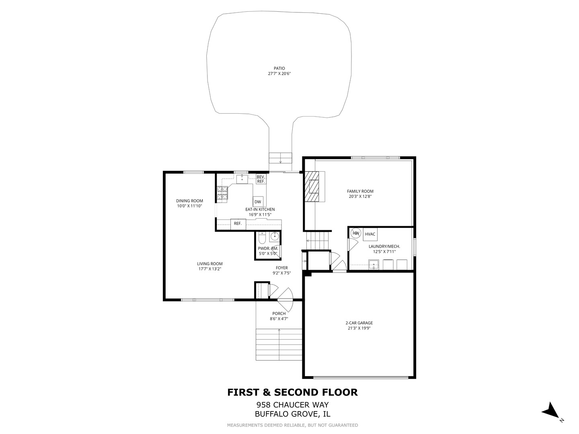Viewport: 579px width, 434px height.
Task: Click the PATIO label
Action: (x=279, y=68)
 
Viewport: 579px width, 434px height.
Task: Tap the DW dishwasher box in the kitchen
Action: (x=258, y=202)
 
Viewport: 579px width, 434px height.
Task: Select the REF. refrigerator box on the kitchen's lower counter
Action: (x=238, y=224)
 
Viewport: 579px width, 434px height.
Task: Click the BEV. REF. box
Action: (x=261, y=179)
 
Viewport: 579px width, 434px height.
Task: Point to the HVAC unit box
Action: (x=370, y=234)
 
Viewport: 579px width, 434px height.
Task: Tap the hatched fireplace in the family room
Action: (x=312, y=186)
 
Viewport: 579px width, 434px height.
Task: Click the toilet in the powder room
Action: (x=262, y=238)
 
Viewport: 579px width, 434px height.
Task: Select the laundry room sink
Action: (x=374, y=264)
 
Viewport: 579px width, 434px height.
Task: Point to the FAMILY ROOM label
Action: (x=360, y=191)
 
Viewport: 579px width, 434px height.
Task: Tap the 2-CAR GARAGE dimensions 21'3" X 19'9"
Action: (x=359, y=328)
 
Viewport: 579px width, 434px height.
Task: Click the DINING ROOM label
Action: (x=190, y=201)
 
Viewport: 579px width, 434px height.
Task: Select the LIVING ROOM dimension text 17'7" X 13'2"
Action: (x=210, y=269)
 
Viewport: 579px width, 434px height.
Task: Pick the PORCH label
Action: (x=279, y=313)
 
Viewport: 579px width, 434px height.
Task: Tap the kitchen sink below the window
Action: (x=242, y=179)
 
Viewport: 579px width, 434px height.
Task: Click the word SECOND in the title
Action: (x=296, y=392)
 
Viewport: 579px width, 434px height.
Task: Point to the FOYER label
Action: (x=282, y=268)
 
